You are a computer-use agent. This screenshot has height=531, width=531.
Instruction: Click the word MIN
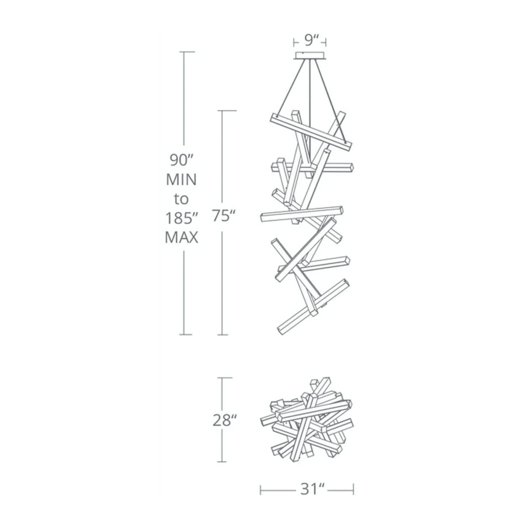(x=181, y=180)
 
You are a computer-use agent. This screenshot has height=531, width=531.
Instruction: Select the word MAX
(x=181, y=237)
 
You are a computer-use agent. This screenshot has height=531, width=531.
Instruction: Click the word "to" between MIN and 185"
(x=181, y=199)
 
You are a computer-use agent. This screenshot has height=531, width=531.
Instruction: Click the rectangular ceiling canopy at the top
(x=310, y=55)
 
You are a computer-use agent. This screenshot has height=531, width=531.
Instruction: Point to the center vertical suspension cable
(x=310, y=105)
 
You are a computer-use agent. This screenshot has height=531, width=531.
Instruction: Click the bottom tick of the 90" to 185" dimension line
(x=186, y=335)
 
